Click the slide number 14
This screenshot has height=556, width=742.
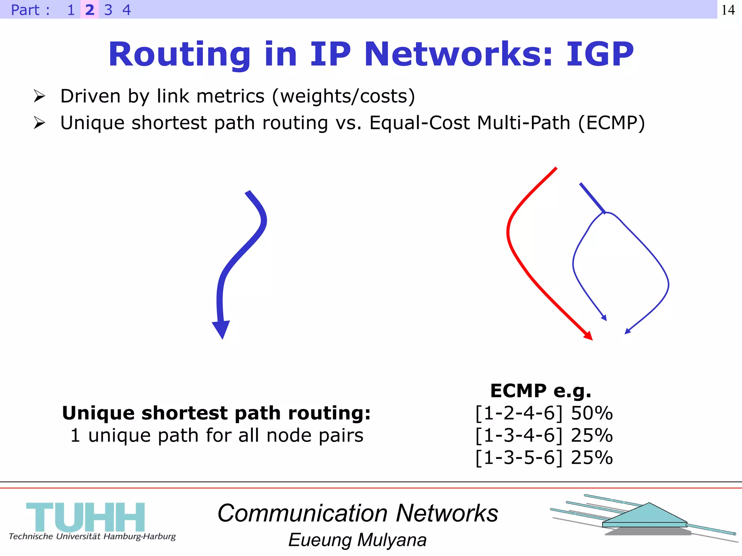tap(728, 10)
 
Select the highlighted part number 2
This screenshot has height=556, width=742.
tap(89, 10)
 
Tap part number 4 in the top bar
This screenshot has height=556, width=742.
tap(126, 10)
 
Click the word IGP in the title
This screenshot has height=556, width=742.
tap(600, 54)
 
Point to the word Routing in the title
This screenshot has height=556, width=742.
tap(179, 54)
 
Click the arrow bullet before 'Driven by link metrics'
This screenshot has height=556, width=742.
tap(39, 96)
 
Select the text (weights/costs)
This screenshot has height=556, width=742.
tap(343, 96)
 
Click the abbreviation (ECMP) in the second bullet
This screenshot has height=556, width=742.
tap(611, 123)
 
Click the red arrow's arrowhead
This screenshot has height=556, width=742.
tap(588, 336)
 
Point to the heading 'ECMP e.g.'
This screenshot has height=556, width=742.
tap(541, 391)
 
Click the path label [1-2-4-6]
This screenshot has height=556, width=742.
tap(519, 413)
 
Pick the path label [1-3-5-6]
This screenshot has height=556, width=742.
tap(519, 458)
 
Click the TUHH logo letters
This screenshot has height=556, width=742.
tap(86, 517)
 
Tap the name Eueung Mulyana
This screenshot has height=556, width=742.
tap(357, 540)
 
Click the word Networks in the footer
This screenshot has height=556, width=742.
tap(447, 513)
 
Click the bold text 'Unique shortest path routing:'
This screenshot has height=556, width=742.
tap(216, 413)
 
